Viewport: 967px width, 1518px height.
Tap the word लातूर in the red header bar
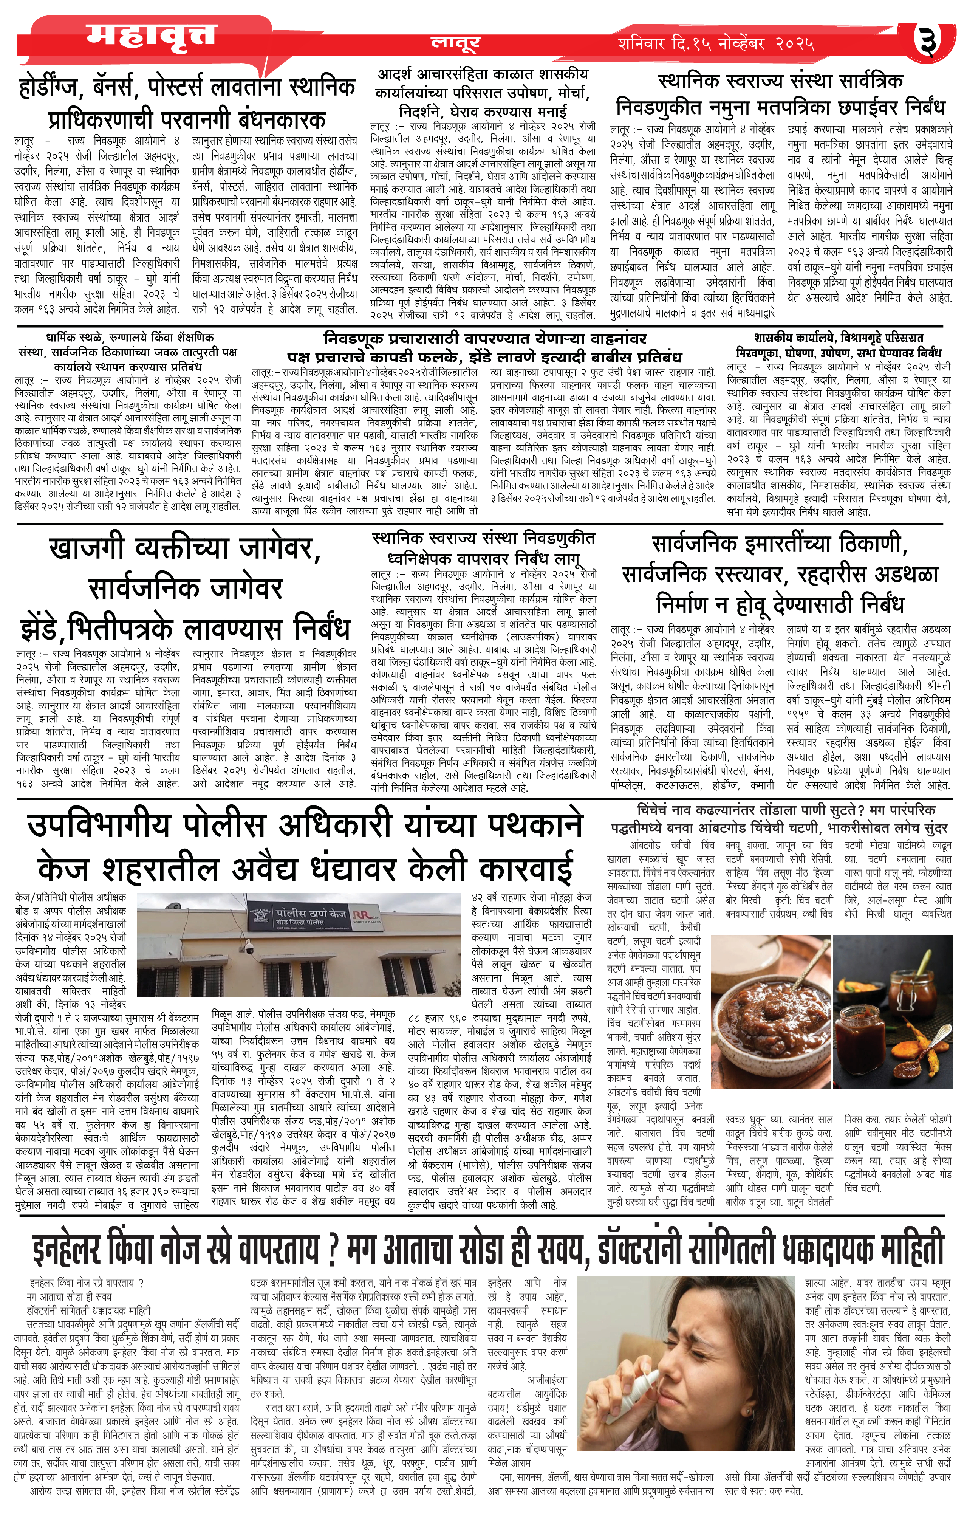click(455, 42)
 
